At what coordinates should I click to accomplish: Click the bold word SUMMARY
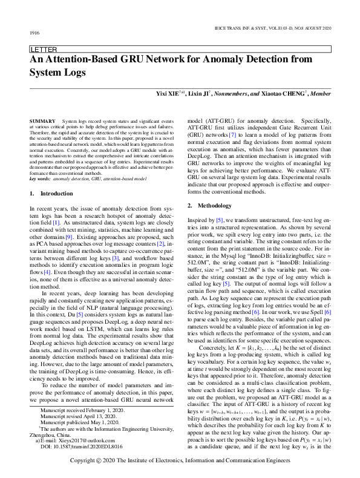tap(44, 122)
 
